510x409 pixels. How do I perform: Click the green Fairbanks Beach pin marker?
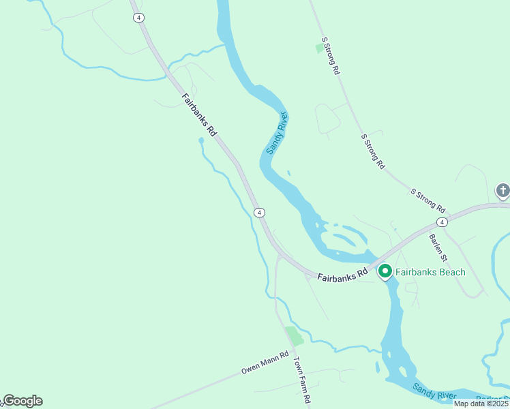tap(385, 271)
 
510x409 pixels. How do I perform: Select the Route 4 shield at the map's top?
tap(138, 18)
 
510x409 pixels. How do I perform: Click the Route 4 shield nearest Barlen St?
tap(442, 222)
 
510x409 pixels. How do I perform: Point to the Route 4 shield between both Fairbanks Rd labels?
tap(259, 213)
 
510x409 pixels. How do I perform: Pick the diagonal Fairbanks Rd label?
tap(199, 115)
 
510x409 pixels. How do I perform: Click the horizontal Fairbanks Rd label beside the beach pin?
tap(342, 275)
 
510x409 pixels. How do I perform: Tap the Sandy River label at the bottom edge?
tap(434, 391)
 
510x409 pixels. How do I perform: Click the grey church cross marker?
tap(502, 190)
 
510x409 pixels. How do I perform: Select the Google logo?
tap(22, 401)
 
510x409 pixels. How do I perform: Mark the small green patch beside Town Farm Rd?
tap(294, 335)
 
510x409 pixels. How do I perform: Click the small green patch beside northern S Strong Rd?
tap(319, 48)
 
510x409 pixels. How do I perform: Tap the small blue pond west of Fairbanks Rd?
tap(201, 140)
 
